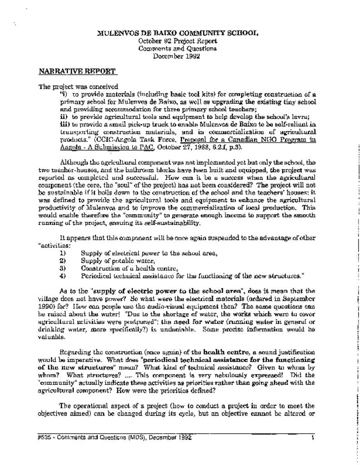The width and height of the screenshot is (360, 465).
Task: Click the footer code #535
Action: point(44,438)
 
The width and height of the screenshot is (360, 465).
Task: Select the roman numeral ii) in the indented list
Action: point(64,116)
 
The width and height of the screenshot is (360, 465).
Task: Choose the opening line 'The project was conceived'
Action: point(78,86)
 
